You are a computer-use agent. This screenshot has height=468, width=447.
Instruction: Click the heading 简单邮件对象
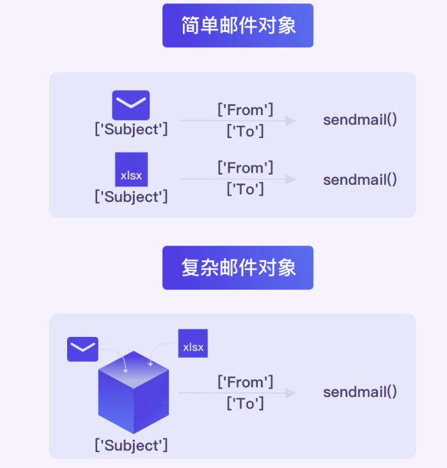click(x=238, y=26)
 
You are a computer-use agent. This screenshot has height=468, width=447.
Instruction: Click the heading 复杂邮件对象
click(x=238, y=268)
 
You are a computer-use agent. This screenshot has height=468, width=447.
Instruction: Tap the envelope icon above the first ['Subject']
click(x=131, y=105)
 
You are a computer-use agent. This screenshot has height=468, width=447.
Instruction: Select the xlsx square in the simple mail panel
click(x=131, y=169)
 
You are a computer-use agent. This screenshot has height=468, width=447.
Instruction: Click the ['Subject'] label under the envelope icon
click(x=131, y=129)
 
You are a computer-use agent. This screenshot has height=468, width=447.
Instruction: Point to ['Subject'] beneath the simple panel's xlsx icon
click(x=131, y=197)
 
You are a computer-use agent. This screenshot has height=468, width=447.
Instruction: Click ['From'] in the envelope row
click(x=245, y=110)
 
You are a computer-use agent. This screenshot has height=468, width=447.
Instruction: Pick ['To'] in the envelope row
click(x=245, y=131)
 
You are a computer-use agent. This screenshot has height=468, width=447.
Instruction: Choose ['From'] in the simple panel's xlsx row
click(x=245, y=168)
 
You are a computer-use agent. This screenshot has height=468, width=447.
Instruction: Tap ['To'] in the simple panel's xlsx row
click(x=245, y=189)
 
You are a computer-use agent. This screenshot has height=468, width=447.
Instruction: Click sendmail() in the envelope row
click(x=360, y=120)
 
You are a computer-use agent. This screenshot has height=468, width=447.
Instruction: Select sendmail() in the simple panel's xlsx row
click(x=360, y=179)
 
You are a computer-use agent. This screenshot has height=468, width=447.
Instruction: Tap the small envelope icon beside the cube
click(x=83, y=349)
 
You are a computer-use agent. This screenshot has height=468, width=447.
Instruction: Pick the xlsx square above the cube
click(x=193, y=343)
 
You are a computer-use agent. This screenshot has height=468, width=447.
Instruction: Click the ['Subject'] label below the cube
click(x=131, y=444)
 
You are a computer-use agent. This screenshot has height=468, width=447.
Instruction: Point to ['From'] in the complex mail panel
click(x=245, y=382)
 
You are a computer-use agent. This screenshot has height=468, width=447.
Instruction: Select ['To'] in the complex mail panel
click(x=245, y=403)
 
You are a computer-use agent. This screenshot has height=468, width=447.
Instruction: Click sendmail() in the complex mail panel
click(x=360, y=392)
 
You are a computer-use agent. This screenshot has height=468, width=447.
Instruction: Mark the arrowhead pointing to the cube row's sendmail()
click(x=291, y=393)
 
